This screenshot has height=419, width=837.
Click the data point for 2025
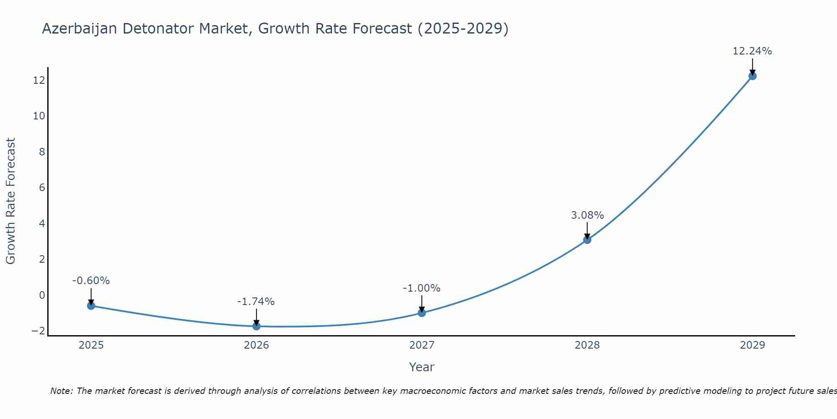coord(91,305)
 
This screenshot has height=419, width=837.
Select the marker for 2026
coord(256,326)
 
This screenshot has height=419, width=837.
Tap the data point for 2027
coord(421,313)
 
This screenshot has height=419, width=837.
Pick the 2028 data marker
coord(587,240)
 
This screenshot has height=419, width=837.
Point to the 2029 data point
coord(752,76)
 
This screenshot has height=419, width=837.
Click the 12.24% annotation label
coord(752,51)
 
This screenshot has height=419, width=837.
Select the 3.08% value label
coord(587,215)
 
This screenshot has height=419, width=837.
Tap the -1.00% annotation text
coord(421,288)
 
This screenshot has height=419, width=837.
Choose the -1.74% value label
coord(256,302)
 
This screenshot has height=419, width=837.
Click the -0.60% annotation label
coord(91,281)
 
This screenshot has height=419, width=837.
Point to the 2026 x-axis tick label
coord(256,345)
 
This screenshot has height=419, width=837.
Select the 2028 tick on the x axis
coord(587,345)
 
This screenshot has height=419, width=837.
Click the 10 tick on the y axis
coord(39,116)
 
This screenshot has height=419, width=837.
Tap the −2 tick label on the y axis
coord(38,331)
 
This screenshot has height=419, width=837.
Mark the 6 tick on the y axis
coord(42,188)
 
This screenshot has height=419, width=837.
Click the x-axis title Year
coord(421,367)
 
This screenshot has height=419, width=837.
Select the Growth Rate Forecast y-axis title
coord(10,201)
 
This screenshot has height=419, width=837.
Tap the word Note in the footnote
coord(61,391)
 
